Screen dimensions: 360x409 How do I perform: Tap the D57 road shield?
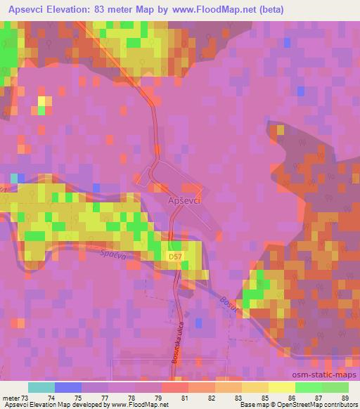point(175,258)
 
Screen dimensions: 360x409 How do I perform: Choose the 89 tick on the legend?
point(345,397)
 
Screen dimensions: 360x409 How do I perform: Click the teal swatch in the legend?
point(41,387)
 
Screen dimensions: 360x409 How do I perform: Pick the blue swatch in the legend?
point(68,387)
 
